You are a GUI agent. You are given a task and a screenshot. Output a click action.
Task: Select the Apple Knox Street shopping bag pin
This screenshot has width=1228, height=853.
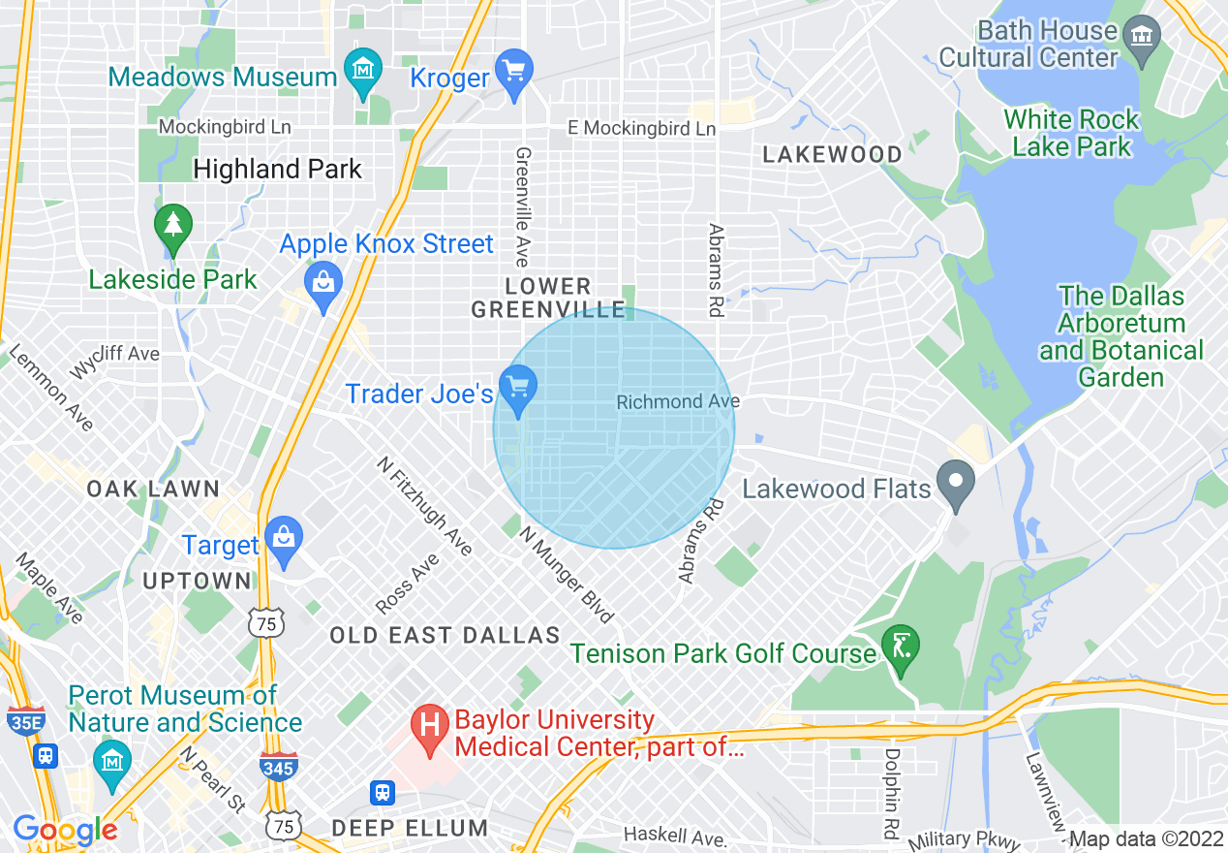point(322,284)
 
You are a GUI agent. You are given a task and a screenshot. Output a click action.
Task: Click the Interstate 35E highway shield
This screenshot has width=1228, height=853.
point(24,721)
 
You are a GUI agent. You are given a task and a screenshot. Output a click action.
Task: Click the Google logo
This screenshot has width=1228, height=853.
point(65,830)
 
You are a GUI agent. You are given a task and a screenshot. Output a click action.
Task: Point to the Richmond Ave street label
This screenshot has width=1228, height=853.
point(678,401)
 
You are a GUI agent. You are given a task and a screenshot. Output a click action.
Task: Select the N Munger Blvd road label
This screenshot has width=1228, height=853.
point(567,575)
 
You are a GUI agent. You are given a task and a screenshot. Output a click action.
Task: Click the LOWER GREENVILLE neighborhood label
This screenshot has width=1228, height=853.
point(548,299)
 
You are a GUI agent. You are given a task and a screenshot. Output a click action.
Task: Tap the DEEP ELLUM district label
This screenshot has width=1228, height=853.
point(410,828)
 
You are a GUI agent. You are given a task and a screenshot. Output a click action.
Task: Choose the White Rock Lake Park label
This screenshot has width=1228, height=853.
point(1071,134)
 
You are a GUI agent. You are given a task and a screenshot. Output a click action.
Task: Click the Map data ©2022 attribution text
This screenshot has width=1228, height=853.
point(1146,839)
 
